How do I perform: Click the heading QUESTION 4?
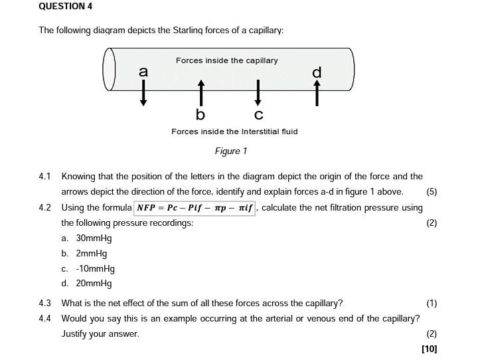pos(66,7)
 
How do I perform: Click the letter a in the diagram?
pos(143,72)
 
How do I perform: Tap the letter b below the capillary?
pos(200,114)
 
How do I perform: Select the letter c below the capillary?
pos(259,114)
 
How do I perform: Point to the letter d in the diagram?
pos(317,72)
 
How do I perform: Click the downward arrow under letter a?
pos(143,93)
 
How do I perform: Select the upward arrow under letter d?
pos(317,93)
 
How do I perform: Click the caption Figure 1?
pos(231,151)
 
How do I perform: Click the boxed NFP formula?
pos(195,208)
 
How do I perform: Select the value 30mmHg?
pos(94,238)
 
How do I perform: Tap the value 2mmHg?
pos(91,254)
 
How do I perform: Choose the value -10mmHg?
pos(95,269)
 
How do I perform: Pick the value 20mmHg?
pos(94,284)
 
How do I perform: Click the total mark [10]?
pos(429,349)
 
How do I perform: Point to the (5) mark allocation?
pos(432,192)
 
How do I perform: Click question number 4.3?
pos(45,304)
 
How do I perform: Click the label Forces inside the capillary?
pos(227,60)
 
